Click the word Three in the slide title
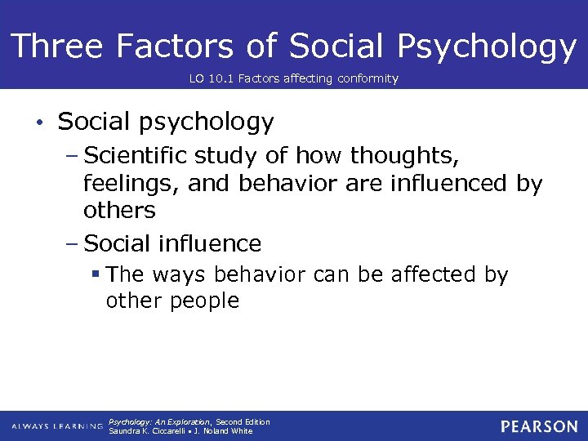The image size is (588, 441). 56,47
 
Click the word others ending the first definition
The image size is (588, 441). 119,210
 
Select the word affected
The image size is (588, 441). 424,275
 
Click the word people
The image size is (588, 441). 205,301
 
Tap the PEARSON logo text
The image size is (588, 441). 539,426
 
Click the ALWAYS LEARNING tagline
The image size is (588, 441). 57,427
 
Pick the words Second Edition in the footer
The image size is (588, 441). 243,422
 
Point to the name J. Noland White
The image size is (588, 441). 224,431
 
